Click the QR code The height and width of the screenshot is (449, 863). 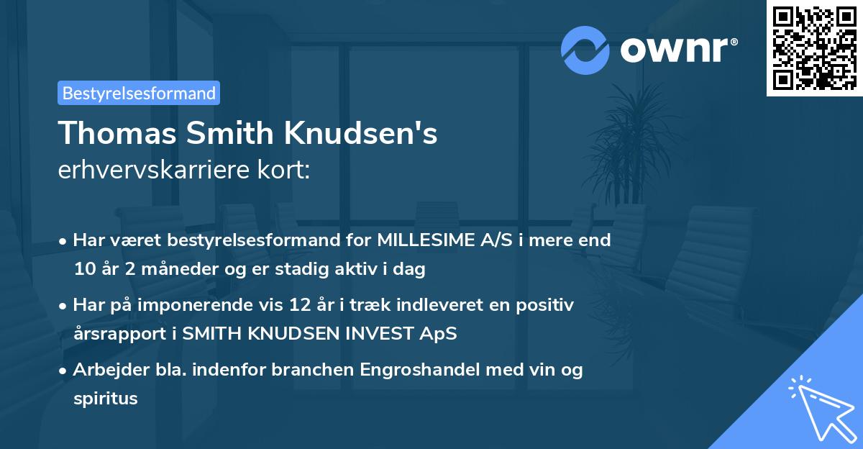click(x=814, y=48)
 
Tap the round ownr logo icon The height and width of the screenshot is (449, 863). click(x=585, y=50)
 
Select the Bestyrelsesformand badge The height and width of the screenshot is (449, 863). click(x=139, y=93)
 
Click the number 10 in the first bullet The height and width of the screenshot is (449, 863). click(x=83, y=270)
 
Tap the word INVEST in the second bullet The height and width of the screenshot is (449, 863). click(x=374, y=335)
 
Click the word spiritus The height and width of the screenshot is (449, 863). click(x=106, y=399)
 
